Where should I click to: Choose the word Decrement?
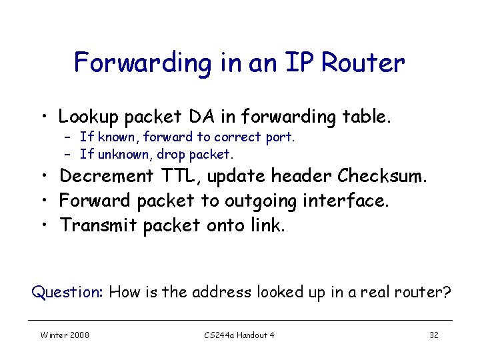pos(107,176)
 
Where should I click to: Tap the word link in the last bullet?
pos(269,225)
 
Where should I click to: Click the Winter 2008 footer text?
pos(65,335)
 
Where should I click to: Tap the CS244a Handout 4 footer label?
pos(239,335)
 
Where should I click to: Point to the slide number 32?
pos(433,335)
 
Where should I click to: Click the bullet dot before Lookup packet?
pos(43,117)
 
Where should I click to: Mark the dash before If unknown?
pos(67,154)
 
